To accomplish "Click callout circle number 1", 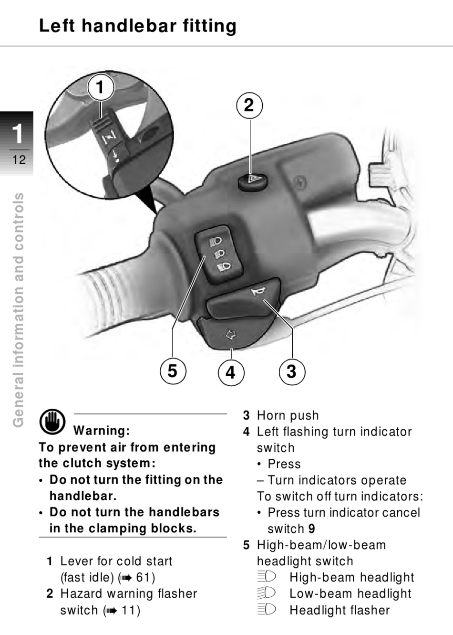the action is (101, 87).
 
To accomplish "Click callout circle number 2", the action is (249, 106).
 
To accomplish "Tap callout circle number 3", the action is (292, 371).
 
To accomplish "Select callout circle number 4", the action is (231, 372).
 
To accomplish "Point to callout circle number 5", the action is (173, 371).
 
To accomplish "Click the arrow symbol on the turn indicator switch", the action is (231, 335).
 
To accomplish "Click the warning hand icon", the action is (52, 422).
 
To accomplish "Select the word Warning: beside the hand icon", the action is (102, 431).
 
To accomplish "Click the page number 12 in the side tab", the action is (19, 160).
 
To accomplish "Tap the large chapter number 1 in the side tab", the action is (18, 134).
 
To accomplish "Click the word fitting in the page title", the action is (209, 26).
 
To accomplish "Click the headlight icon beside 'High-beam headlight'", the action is (267, 577).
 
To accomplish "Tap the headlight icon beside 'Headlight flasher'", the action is (267, 610).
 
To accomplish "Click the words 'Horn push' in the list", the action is (288, 415).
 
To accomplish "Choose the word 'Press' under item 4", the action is (284, 464).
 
